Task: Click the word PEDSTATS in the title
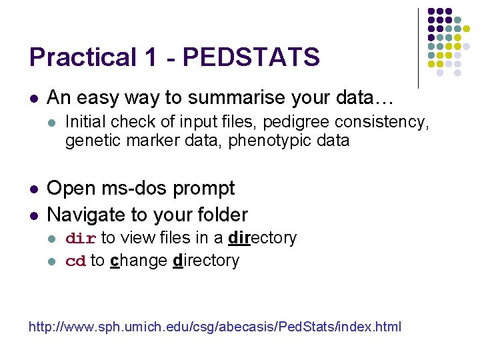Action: tap(251, 57)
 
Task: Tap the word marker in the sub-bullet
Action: tap(145, 141)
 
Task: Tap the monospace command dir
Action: tap(81, 239)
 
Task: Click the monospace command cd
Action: tap(76, 261)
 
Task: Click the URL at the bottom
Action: tap(215, 327)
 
